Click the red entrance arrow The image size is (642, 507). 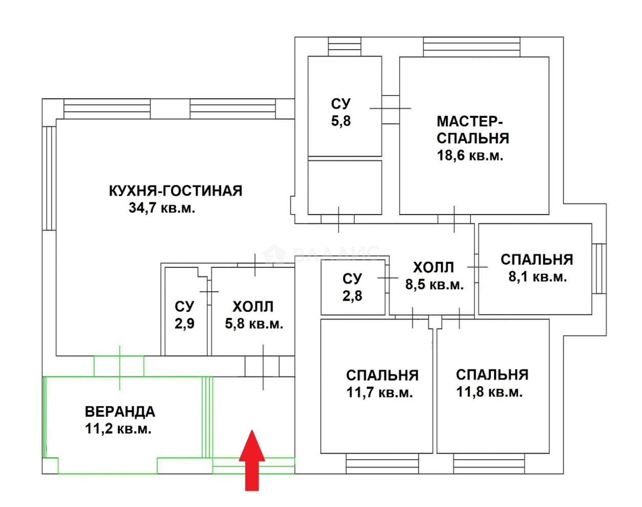252,461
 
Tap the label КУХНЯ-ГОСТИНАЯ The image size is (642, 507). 175,191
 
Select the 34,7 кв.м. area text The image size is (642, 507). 162,208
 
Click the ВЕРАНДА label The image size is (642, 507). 120,412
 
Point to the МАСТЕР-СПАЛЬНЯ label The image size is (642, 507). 473,130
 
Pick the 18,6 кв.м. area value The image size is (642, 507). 470,156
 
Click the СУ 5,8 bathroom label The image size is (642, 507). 341,112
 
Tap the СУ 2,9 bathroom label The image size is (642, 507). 184,315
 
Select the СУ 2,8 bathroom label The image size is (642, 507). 352,287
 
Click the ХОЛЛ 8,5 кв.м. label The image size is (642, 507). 434,276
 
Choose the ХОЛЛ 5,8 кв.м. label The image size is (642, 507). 253,315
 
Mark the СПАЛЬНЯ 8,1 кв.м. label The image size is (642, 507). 537,268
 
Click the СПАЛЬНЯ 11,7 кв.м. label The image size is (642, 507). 382,384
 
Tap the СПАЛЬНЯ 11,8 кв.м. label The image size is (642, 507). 491,383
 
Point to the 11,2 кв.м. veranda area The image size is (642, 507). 118,429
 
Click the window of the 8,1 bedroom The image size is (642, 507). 599,268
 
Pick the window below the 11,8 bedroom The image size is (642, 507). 489,463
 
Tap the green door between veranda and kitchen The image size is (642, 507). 119,366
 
